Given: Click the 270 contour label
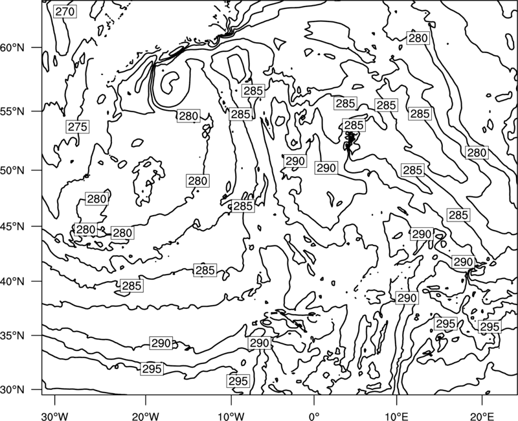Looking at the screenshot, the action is [65, 12].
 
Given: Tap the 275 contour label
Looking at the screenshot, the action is [77, 126].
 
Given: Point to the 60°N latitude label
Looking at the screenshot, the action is [14, 48].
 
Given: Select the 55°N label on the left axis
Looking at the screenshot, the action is [14, 111].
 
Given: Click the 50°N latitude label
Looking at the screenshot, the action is [14, 170].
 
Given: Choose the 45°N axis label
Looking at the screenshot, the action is [14, 227].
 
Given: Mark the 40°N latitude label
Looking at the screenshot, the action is [14, 282].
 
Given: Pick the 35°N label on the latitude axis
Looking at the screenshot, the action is [14, 336].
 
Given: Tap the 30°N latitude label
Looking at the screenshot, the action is [14, 390].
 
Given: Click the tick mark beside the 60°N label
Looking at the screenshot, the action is [37, 47].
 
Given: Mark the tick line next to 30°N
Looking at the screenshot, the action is [37, 390].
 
